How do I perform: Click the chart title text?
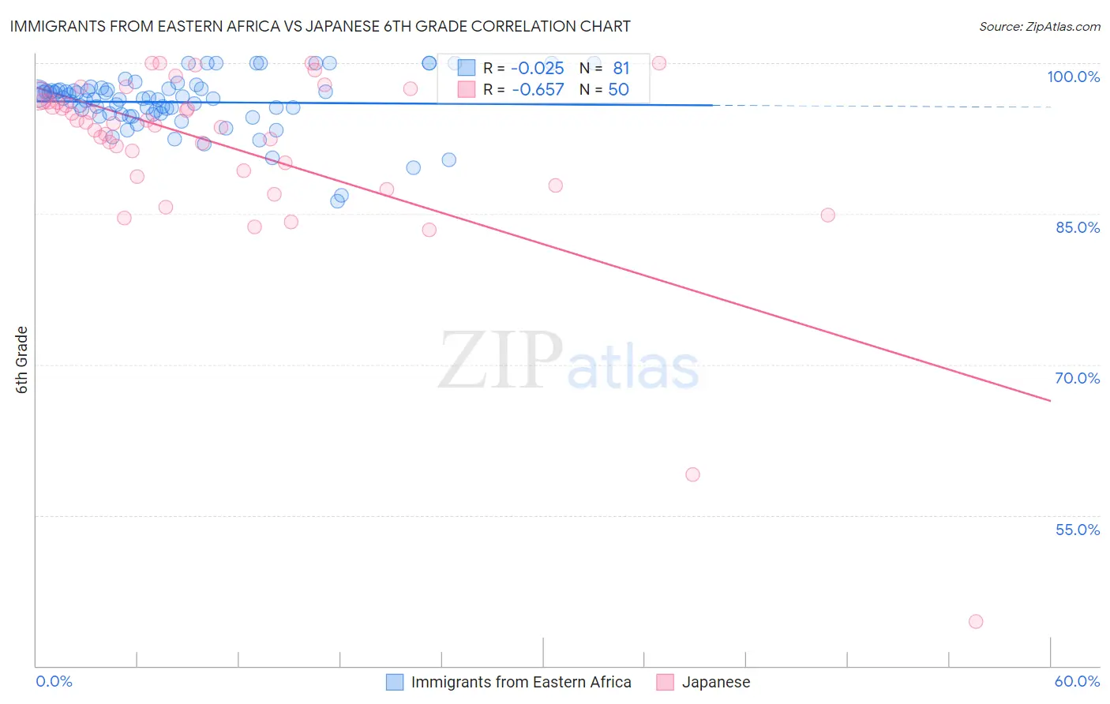tap(320, 26)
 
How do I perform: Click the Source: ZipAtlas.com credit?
tap(1039, 26)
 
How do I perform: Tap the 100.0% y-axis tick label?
tap(1073, 77)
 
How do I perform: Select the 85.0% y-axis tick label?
tap(1077, 227)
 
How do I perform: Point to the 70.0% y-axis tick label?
tap(1077, 378)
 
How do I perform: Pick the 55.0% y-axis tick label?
tap(1077, 530)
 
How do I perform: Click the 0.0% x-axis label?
tap(54, 681)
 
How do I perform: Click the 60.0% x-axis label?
tap(1077, 681)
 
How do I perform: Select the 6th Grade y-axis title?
tap(22, 360)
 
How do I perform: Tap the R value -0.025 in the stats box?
tap(538, 68)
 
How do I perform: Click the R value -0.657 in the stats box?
tap(538, 89)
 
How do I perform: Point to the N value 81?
tap(621, 68)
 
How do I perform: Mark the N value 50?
tap(618, 89)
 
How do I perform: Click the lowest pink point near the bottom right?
tap(976, 621)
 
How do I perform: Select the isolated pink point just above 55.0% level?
tap(692, 474)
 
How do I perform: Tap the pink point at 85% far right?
tap(827, 215)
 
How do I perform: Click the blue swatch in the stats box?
tap(467, 68)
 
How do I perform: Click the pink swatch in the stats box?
tap(467, 89)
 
